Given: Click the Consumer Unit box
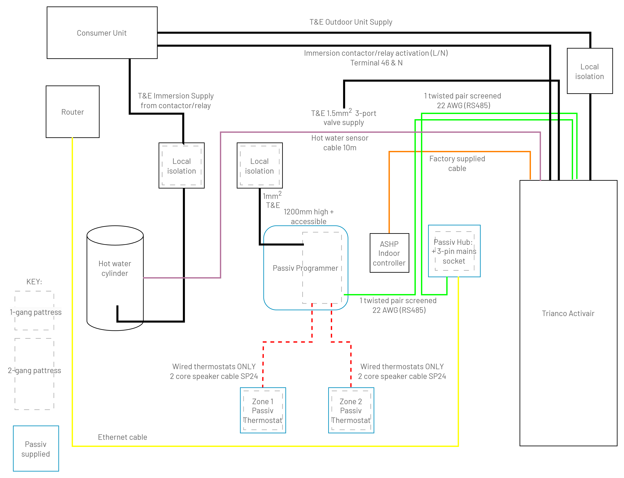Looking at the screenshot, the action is [102, 33].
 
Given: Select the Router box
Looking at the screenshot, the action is [73, 112].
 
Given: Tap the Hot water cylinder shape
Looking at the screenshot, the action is [115, 278].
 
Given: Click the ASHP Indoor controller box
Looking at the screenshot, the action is [389, 253].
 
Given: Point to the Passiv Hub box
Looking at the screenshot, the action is [454, 251].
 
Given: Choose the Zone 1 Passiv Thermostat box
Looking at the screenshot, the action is [263, 410].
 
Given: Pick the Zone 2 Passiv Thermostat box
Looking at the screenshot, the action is [351, 410].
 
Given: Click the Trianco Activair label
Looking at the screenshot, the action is [568, 313].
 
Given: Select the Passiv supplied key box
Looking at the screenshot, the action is [36, 448].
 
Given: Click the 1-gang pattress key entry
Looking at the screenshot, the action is [35, 311].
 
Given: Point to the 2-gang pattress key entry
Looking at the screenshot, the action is [35, 374].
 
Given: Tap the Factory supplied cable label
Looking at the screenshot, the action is [457, 164].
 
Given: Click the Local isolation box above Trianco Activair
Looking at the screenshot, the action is [590, 71].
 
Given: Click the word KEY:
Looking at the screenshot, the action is [34, 282].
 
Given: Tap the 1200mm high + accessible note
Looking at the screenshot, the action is [309, 216].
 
